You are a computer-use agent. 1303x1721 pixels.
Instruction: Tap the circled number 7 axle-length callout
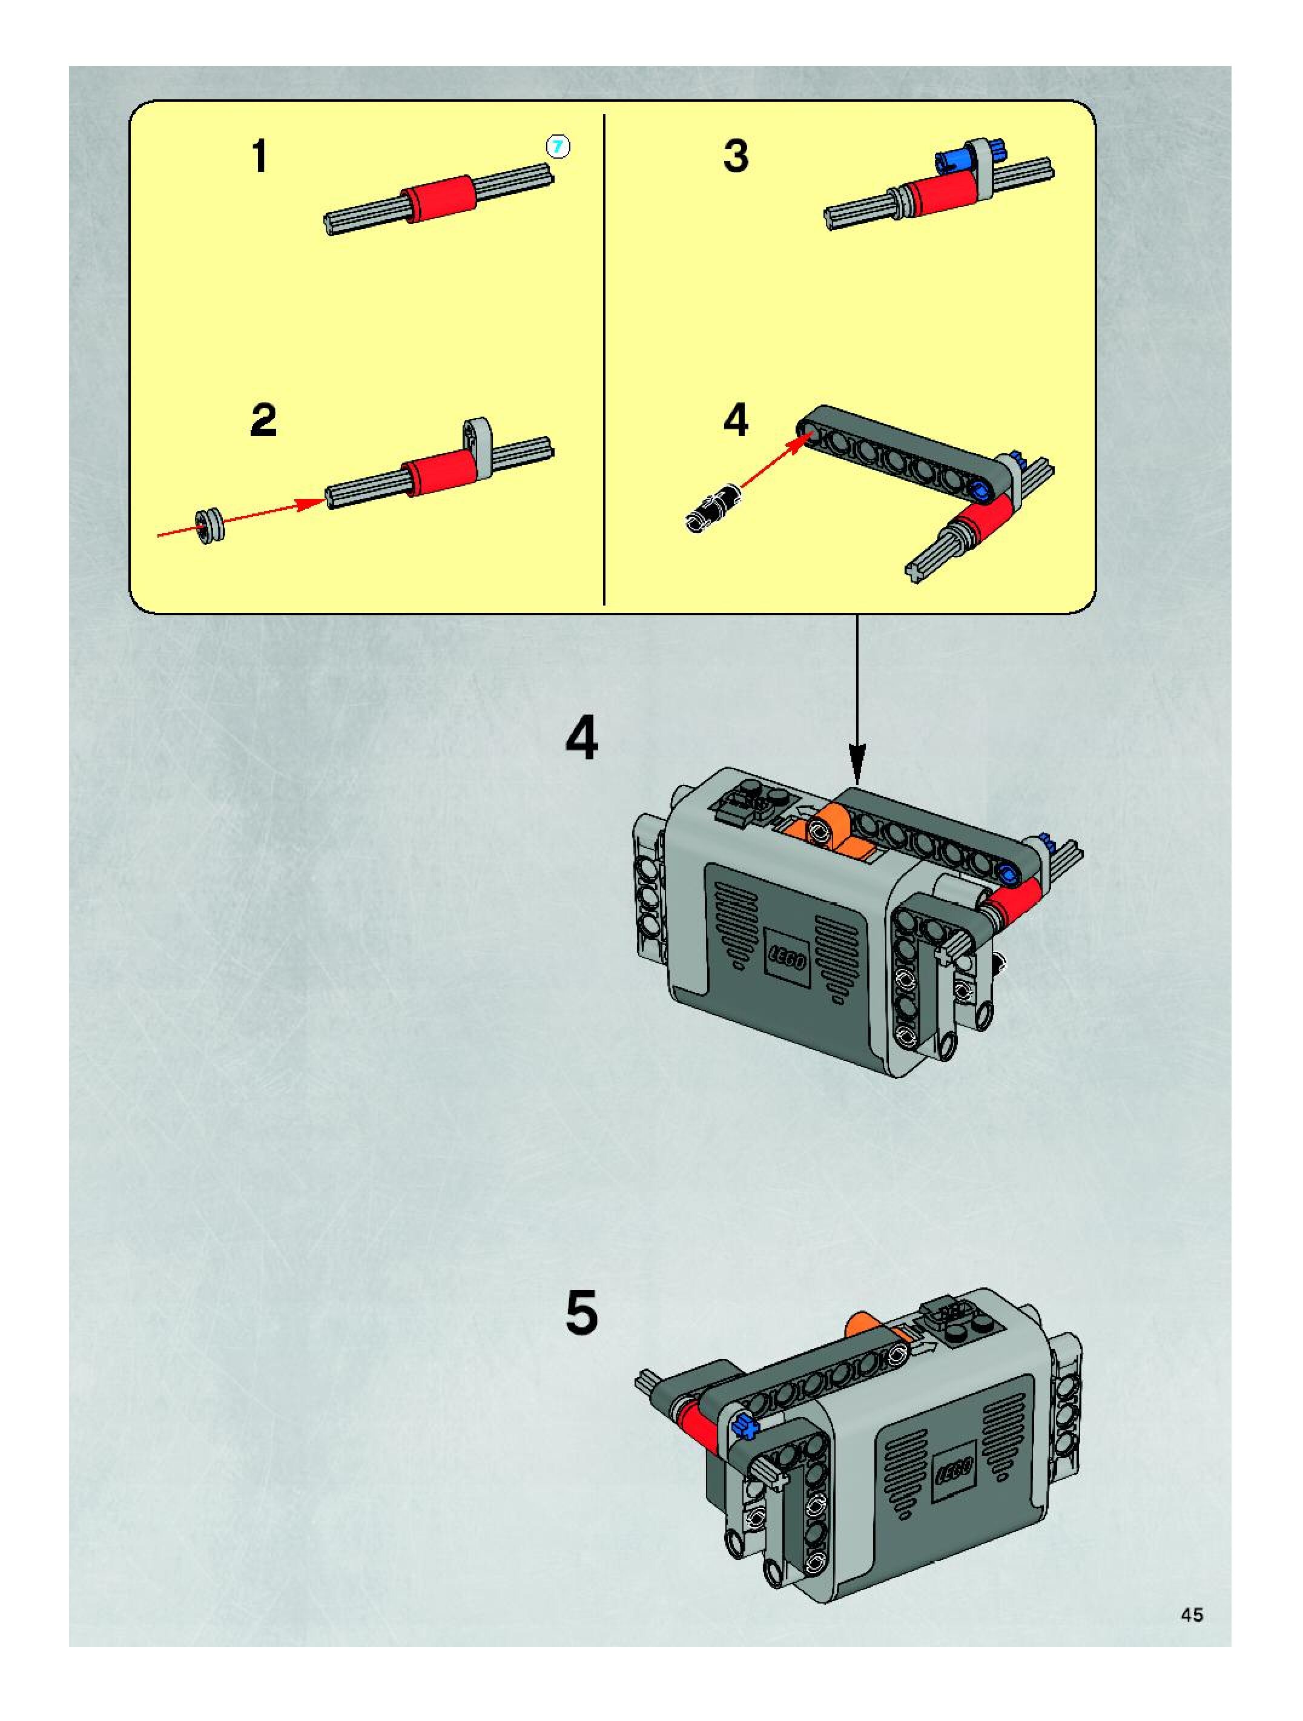tap(558, 147)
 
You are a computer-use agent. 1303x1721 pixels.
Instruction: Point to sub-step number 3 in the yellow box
tap(736, 156)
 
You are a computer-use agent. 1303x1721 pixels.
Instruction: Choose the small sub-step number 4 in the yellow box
tap(736, 420)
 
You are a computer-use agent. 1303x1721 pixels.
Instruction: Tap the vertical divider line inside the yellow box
tap(604, 358)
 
